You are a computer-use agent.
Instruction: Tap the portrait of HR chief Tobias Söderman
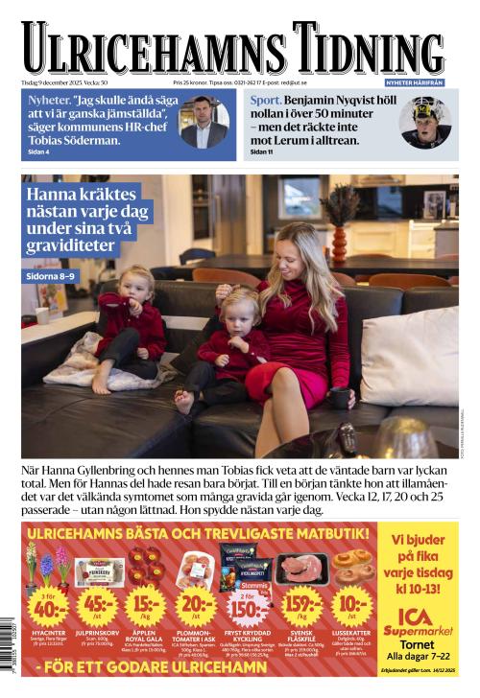pyautogui.click(x=204, y=122)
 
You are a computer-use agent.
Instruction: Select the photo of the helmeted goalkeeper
pyautogui.click(x=423, y=123)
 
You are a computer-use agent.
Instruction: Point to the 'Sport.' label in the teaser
pyautogui.click(x=265, y=100)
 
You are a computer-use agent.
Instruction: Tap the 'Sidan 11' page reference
pyautogui.click(x=262, y=151)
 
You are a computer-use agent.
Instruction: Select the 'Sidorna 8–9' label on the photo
pyautogui.click(x=56, y=277)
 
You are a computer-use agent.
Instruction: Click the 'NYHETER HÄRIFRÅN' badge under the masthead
pyautogui.click(x=414, y=82)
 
